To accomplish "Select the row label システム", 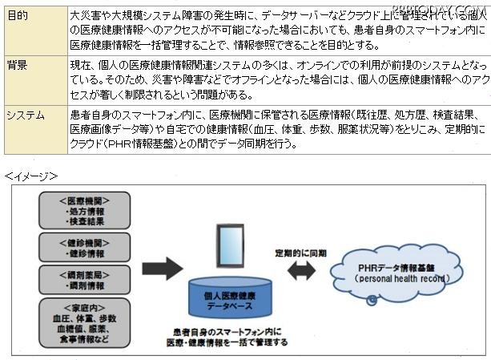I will pos(26,115).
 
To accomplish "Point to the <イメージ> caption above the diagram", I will pos(31,174).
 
